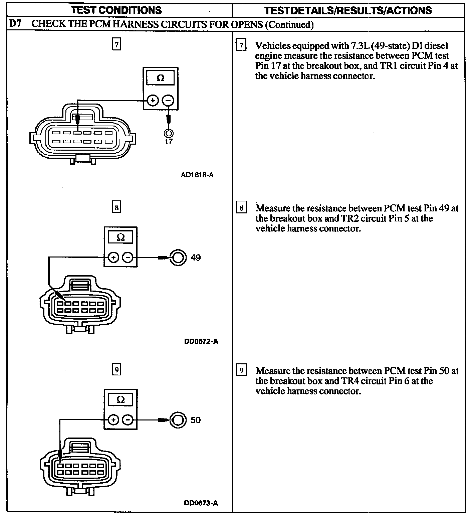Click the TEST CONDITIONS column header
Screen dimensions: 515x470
116,10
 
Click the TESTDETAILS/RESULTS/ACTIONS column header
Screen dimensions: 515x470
348,10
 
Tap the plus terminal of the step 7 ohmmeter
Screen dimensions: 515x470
153,100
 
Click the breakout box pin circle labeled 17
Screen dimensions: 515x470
169,133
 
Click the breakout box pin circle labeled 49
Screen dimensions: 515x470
178,257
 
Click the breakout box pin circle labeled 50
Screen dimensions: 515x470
178,420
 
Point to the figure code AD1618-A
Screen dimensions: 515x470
197,175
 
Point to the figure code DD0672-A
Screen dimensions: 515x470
201,341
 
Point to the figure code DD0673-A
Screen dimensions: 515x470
201,503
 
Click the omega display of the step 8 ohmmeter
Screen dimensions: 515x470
121,237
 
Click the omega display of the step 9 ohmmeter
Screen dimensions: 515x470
121,400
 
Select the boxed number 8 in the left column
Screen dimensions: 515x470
116,207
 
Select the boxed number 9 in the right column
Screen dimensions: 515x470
241,370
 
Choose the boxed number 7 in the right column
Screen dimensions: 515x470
241,45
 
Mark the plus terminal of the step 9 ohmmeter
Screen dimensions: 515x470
113,420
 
